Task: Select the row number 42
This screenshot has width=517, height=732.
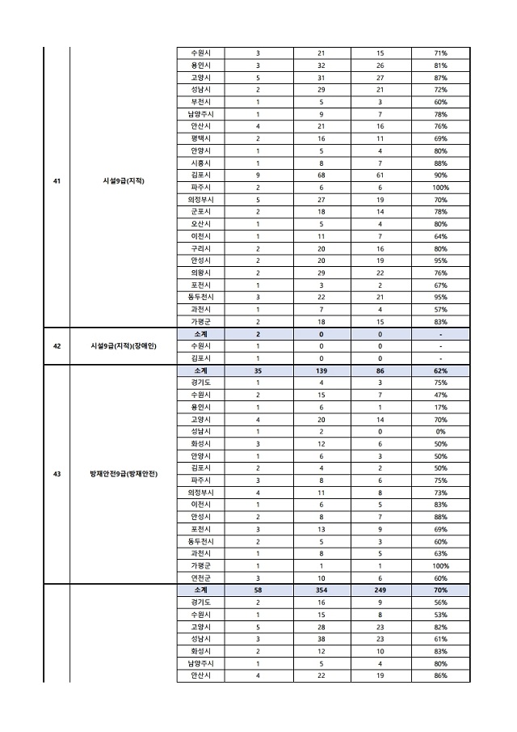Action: point(57,345)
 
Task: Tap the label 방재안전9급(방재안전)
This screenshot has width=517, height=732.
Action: point(124,474)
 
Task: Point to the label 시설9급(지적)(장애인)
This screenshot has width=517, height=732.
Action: point(124,345)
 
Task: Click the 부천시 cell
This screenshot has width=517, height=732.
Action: point(201,103)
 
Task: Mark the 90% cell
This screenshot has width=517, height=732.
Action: point(440,175)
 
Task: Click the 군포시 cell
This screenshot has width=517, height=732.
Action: point(201,211)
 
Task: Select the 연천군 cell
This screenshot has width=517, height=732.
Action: point(201,578)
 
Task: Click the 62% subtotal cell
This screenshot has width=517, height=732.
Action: point(440,370)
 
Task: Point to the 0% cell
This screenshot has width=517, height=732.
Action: point(440,432)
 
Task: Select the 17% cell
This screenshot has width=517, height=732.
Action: point(440,407)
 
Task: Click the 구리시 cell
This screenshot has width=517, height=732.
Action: point(201,248)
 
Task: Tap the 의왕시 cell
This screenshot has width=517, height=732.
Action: point(201,273)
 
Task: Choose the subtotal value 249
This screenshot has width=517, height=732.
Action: point(380,590)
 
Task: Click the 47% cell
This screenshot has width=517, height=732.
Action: point(440,395)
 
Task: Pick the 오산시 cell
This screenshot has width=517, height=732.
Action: point(201,224)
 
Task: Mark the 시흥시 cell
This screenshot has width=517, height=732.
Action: point(201,163)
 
